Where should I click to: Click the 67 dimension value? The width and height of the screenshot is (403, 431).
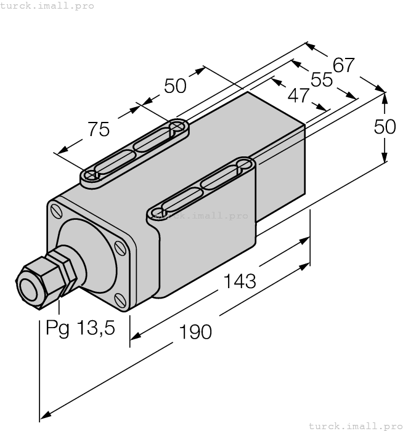pyautogui.click(x=344, y=65)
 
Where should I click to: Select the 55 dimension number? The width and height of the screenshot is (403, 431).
pyautogui.click(x=321, y=79)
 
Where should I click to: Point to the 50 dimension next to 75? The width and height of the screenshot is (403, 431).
pyautogui.click(x=175, y=86)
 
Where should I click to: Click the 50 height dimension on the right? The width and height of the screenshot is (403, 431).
pyautogui.click(x=385, y=127)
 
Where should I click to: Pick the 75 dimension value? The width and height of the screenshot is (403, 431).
pyautogui.click(x=99, y=129)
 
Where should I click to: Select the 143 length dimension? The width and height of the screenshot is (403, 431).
pyautogui.click(x=239, y=281)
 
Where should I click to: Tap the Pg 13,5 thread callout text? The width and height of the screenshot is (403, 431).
pyautogui.click(x=80, y=328)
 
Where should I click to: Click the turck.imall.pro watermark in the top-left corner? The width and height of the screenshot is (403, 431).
pyautogui.click(x=47, y=6)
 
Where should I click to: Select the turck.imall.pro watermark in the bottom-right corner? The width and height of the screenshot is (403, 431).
pyautogui.click(x=354, y=425)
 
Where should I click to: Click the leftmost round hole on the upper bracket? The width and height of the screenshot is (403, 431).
pyautogui.click(x=92, y=175)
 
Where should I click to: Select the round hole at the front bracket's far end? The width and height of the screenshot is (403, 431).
pyautogui.click(x=243, y=165)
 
